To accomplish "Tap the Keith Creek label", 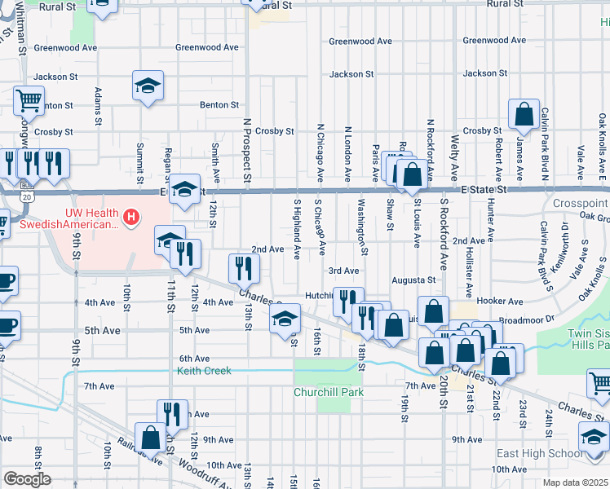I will pos(205,371).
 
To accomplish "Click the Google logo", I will pos(27,479).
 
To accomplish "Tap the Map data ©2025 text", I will pos(574,483).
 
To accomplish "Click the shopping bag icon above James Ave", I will pos(523,117).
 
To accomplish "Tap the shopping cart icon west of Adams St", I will pos(29,100).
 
